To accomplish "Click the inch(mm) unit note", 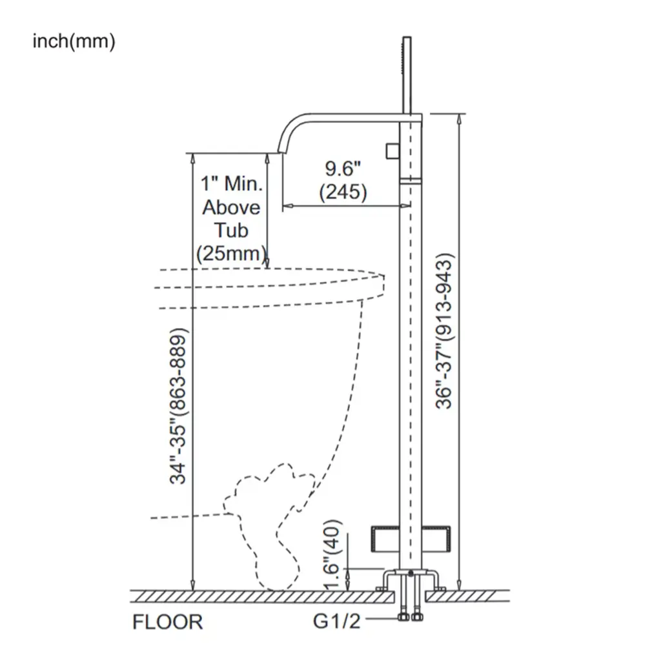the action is [74, 42].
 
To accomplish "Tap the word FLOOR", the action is [167, 622].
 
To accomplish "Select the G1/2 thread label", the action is [337, 621].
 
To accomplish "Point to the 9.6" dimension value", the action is [343, 168].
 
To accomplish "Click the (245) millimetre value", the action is [343, 192].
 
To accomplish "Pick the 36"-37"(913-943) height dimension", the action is [444, 331].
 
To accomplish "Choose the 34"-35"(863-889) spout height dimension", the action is [178, 405].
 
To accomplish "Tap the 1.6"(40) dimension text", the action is [332, 554].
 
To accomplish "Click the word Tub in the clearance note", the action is [231, 230].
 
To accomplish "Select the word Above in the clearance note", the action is [232, 207].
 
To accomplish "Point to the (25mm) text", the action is [232, 254].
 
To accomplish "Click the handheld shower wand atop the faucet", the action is [407, 75].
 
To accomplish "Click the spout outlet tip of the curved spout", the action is [280, 152].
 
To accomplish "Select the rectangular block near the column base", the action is [411, 539].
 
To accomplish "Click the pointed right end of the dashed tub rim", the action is [383, 276].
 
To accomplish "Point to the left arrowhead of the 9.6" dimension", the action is [287, 206].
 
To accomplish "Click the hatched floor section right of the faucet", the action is [467, 596].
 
